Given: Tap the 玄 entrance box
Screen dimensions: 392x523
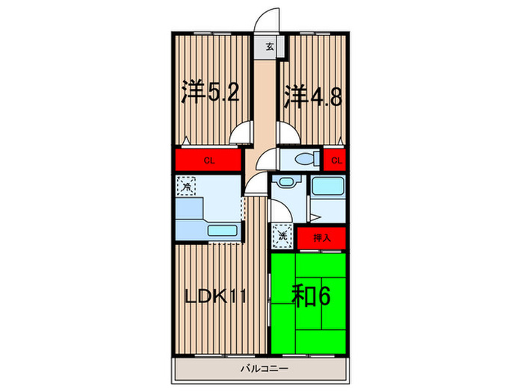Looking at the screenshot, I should (x=270, y=47).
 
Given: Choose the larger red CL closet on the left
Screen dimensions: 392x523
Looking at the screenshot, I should (x=210, y=161).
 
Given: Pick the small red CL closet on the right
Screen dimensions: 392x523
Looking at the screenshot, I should (x=336, y=160).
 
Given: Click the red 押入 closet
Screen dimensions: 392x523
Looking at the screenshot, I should (x=321, y=238).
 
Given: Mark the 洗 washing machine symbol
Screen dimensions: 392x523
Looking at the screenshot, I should (x=282, y=236).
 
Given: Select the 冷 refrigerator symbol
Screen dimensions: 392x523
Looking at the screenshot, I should (x=186, y=185).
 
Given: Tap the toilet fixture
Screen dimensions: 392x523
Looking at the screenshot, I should (x=305, y=159).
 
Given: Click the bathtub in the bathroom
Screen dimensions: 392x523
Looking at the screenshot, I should (x=327, y=187).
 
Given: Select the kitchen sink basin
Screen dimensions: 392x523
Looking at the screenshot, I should (x=222, y=231).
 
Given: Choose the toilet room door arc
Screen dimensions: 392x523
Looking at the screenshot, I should (x=266, y=159).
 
